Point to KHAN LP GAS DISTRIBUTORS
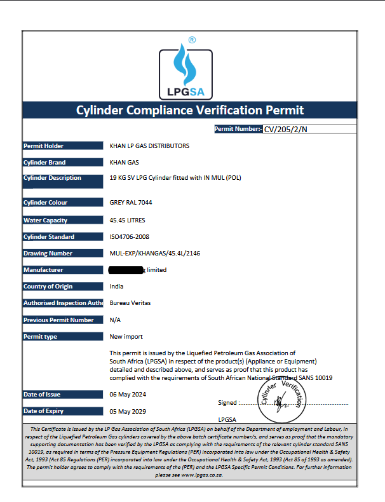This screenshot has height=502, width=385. (149, 146)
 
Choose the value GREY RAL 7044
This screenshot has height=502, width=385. (131, 203)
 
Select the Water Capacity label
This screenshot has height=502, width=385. (45, 220)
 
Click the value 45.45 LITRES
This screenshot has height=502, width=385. (128, 220)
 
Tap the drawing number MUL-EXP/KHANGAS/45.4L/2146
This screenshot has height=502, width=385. (154, 254)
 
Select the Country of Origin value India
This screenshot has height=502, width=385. (116, 287)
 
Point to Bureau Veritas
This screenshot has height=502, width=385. (130, 303)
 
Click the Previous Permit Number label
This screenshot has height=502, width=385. (58, 320)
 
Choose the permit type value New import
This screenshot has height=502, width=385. (126, 337)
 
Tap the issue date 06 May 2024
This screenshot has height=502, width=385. (128, 395)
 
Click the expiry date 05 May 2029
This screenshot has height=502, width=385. (128, 411)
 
